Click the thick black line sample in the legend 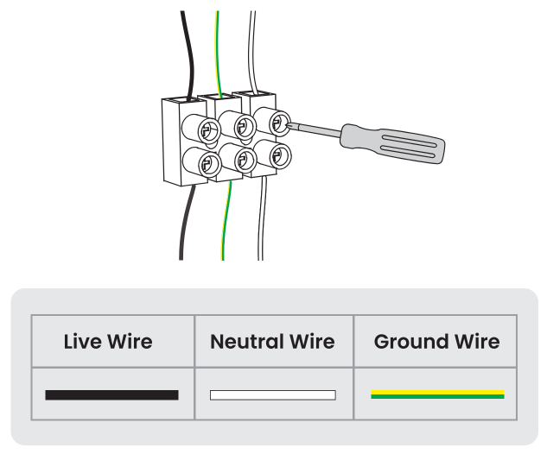point(111,395)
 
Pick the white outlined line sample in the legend point(272,395)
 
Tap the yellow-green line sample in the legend point(437,394)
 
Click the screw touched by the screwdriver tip point(279,122)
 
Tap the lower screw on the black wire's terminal point(207,163)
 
